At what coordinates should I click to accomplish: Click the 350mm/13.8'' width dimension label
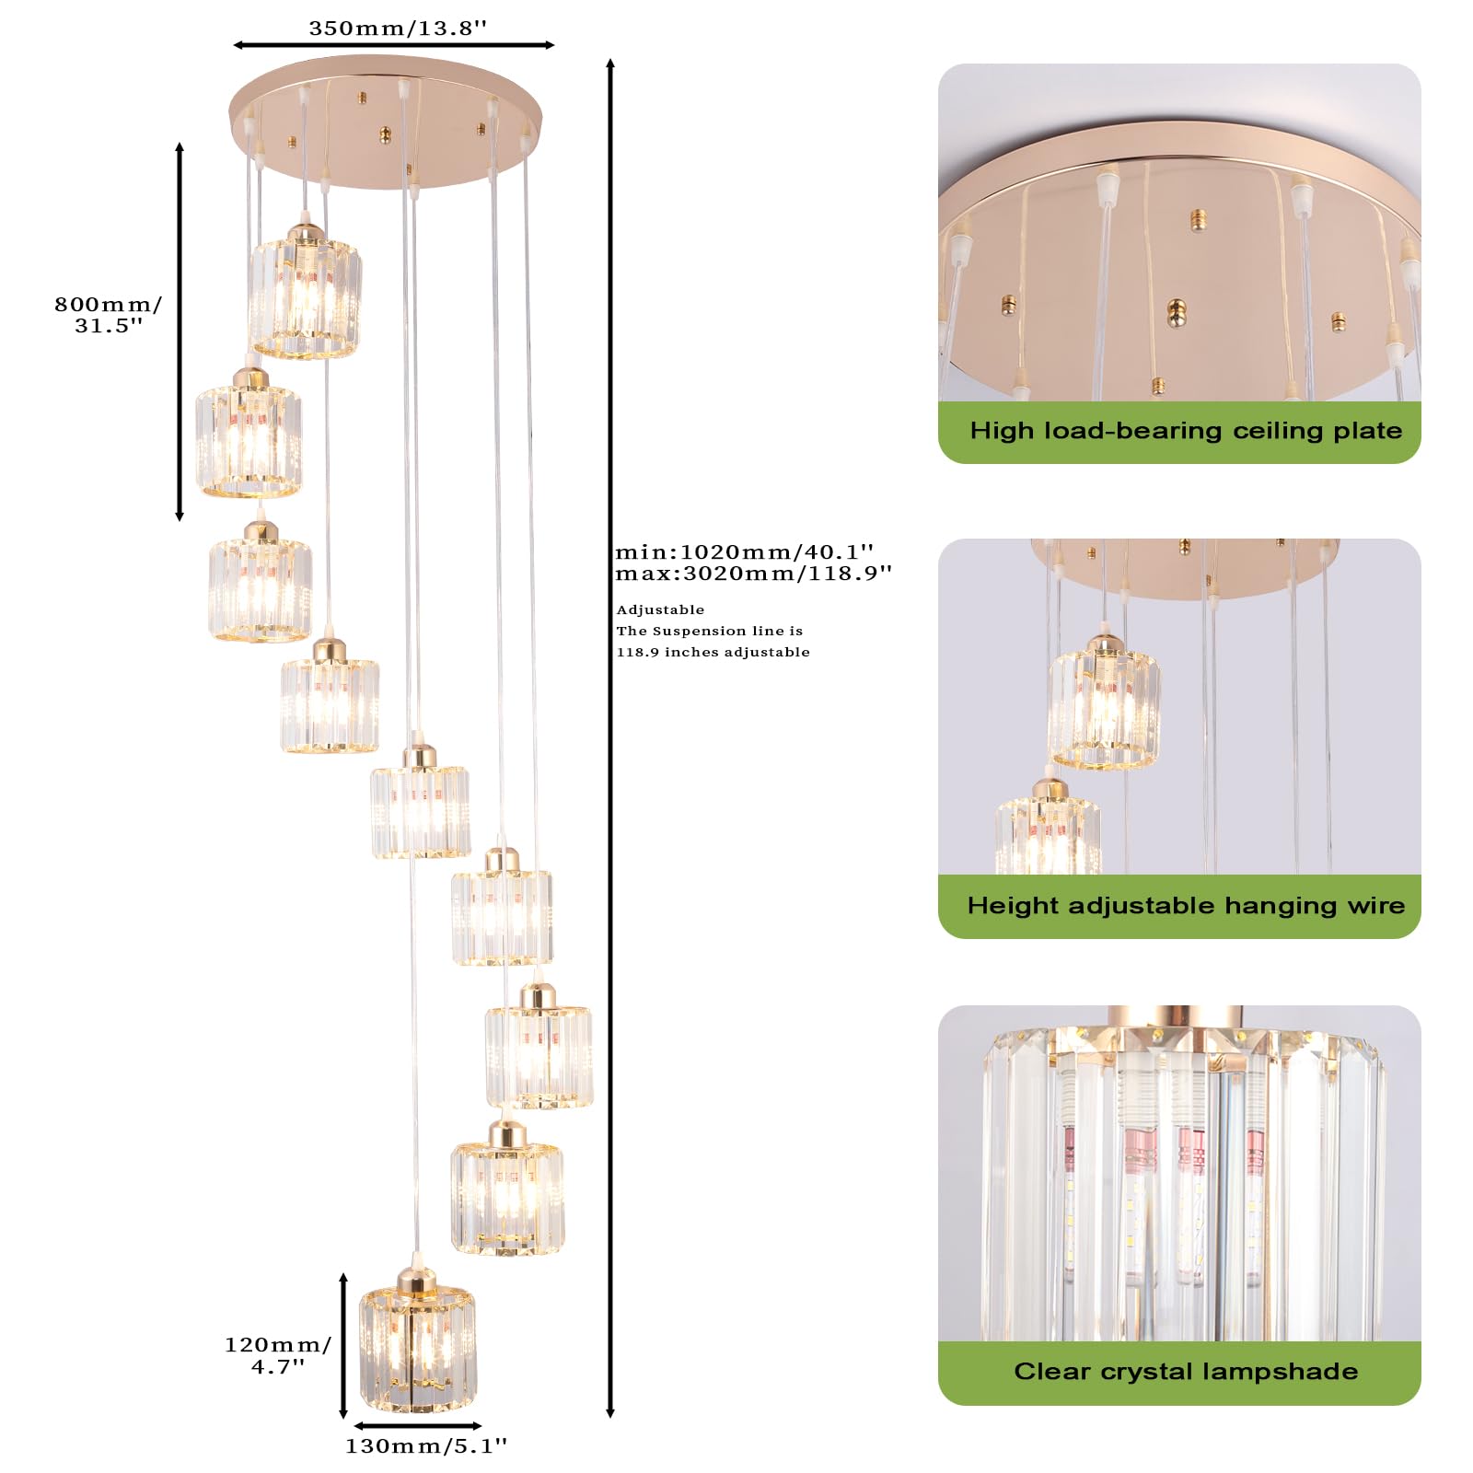coord(397,29)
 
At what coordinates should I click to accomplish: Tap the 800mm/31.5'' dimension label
coord(108,314)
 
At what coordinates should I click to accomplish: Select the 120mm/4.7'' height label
coord(277,1355)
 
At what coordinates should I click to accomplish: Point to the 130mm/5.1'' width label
coord(425,1446)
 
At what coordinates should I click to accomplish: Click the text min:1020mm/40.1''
coord(744,551)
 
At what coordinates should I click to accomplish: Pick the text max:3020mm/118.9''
coord(753,574)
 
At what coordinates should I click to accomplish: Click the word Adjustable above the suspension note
coord(660,609)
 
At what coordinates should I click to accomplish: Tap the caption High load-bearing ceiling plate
coord(1185,431)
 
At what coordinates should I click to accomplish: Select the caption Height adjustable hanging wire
coord(1185,906)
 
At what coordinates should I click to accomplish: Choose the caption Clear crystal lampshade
coord(1185,1372)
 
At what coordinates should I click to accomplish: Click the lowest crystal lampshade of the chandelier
coord(418,1349)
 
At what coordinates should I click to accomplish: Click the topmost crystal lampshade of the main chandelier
coord(305,297)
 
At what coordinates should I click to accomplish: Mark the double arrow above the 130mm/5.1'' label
coord(417,1426)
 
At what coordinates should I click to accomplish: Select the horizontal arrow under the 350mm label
coord(393,45)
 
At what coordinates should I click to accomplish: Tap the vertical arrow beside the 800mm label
coord(180,331)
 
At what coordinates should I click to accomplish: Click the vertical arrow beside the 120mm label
coord(343,1346)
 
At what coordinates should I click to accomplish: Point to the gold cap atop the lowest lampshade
coord(417,1280)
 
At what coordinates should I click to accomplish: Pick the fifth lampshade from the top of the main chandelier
coord(420,808)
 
